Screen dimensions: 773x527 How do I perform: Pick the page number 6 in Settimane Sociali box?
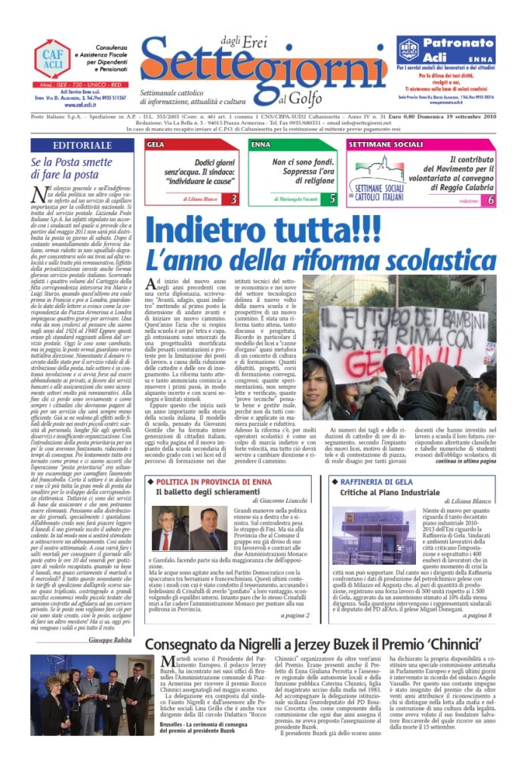492,200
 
